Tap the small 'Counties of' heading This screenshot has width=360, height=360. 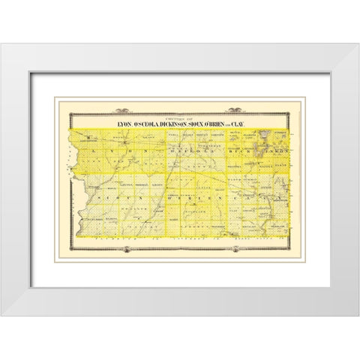pos(180,117)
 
